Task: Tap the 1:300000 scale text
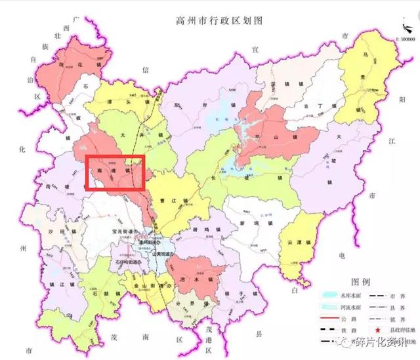coord(404,39)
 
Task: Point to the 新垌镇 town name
coord(253,224)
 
